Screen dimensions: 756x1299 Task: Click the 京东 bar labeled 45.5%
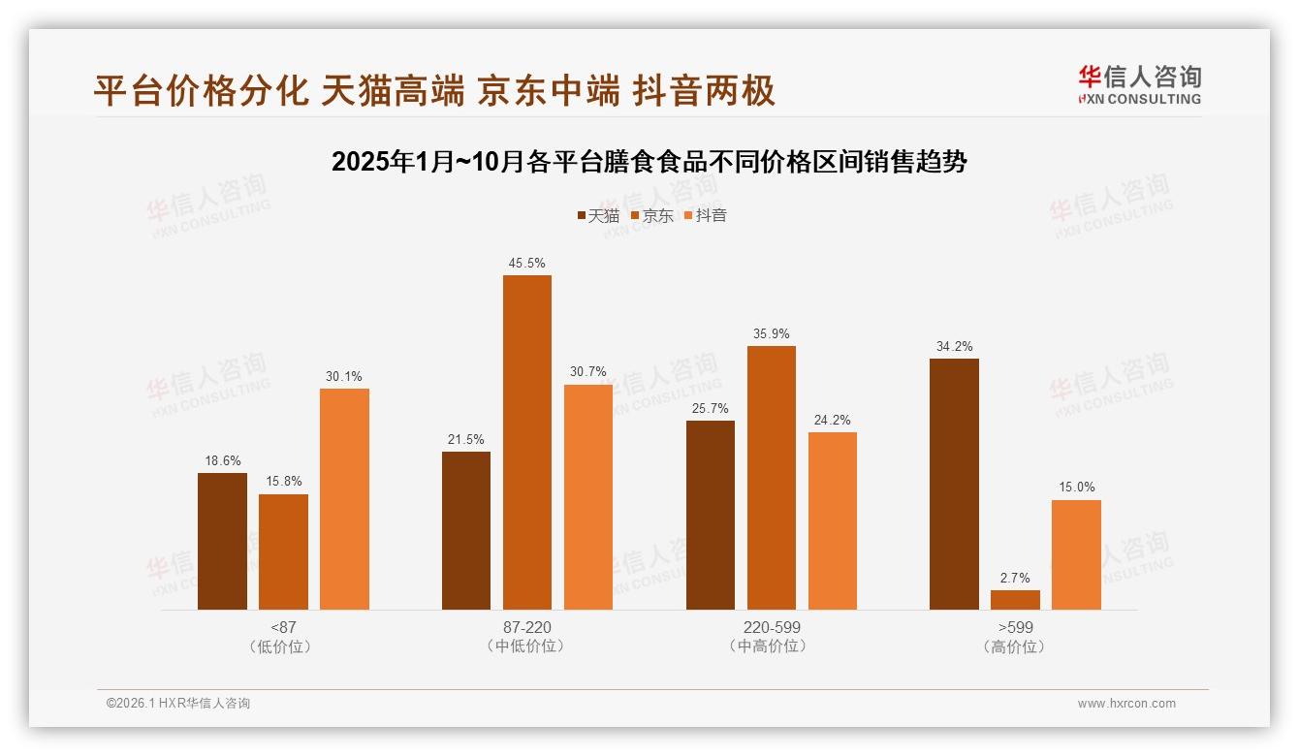526,442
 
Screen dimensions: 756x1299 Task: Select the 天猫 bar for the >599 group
954,484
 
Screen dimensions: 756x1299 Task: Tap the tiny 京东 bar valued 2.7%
1015,600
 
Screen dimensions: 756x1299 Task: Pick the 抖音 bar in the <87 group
344,498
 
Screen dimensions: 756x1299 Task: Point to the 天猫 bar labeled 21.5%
466,530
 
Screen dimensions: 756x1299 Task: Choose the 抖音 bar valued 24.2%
833,520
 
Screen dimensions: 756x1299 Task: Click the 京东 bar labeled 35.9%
771,477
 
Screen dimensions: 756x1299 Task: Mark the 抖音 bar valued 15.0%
1076,554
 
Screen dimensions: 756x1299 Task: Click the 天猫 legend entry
598,216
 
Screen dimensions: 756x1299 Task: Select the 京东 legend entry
651,216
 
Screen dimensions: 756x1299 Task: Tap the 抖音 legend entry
705,216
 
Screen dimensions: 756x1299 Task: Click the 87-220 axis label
527,627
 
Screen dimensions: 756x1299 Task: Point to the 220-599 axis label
772,627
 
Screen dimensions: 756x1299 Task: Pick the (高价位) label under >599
1015,646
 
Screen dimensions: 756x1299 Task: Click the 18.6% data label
222,460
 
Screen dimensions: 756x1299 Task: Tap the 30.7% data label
588,372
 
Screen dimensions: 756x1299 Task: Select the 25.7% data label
710,408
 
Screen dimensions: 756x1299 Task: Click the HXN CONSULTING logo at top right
1139,84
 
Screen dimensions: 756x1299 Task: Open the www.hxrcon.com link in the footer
1126,704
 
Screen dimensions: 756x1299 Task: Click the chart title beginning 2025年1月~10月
649,162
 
